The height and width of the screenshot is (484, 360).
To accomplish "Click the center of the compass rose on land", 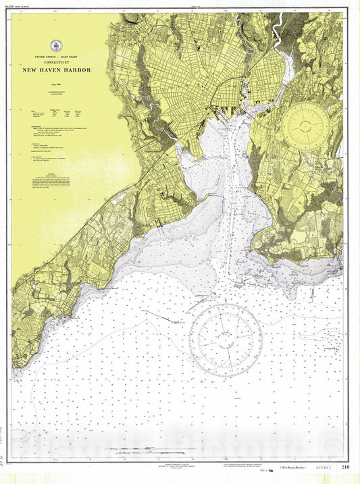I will [306, 124].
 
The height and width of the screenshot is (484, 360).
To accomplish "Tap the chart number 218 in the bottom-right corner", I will [345, 466].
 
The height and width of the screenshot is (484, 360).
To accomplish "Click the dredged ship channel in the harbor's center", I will [232, 189].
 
